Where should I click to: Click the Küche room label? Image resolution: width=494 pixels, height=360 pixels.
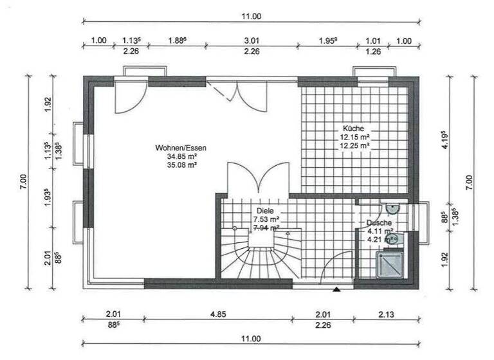coord(354,128)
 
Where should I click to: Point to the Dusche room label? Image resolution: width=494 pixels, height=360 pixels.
coord(379,223)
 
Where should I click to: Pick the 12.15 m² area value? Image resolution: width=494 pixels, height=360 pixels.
coord(354,137)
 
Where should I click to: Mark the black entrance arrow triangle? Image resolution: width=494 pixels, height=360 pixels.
coord(336,290)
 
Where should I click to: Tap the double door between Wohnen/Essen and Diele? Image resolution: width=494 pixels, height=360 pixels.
coord(257,177)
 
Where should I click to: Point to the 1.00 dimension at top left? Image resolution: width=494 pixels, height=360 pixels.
coord(98,41)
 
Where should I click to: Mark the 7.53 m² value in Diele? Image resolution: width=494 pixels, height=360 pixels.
coord(265,219)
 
